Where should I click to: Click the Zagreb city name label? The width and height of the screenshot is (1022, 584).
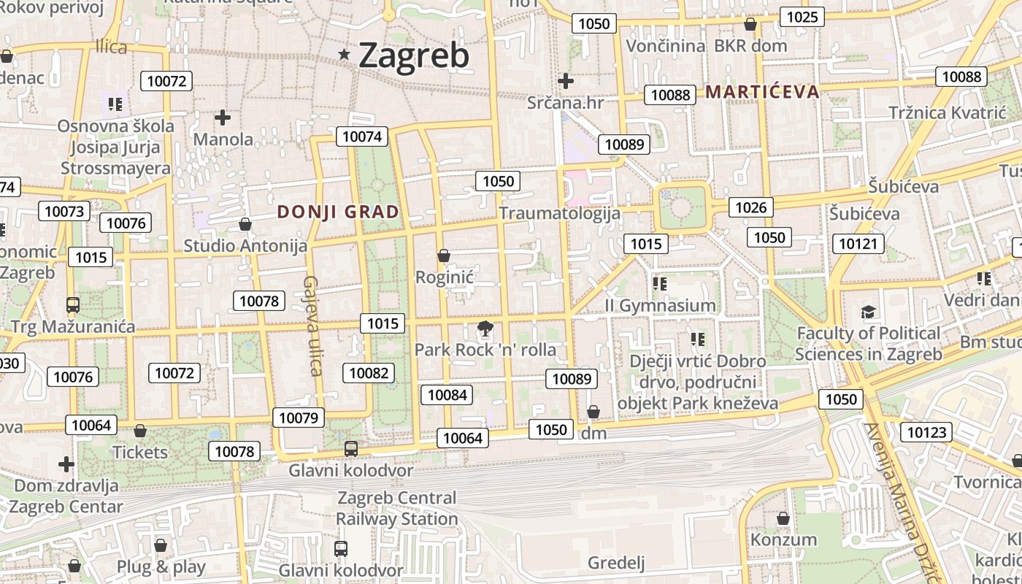pyautogui.click(x=413, y=55)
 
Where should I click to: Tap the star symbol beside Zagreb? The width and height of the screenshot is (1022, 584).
pyautogui.click(x=345, y=54)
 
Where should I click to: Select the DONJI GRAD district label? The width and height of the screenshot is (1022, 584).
pyautogui.click(x=339, y=212)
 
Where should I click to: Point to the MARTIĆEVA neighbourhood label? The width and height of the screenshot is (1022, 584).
pyautogui.click(x=763, y=92)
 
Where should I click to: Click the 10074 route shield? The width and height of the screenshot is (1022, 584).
pyautogui.click(x=362, y=137)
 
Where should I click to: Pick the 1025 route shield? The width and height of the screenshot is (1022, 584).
pyautogui.click(x=802, y=17)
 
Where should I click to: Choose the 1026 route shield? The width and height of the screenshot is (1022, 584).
pyautogui.click(x=750, y=207)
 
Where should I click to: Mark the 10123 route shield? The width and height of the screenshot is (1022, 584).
pyautogui.click(x=927, y=432)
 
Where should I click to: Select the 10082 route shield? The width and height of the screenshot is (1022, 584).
pyautogui.click(x=369, y=373)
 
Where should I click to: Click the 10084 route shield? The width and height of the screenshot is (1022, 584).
pyautogui.click(x=447, y=395)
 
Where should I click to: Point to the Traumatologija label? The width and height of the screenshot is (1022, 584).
pyautogui.click(x=559, y=213)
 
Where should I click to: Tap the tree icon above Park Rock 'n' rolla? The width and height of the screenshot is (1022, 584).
pyautogui.click(x=485, y=330)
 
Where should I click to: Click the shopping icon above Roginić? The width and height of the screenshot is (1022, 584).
pyautogui.click(x=443, y=255)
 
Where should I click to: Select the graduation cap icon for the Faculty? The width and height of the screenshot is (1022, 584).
pyautogui.click(x=868, y=312)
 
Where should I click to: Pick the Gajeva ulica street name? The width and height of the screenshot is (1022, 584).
pyautogui.click(x=313, y=326)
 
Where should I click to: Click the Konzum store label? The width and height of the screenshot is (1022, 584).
pyautogui.click(x=784, y=540)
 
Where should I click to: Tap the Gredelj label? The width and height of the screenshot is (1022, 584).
pyautogui.click(x=617, y=563)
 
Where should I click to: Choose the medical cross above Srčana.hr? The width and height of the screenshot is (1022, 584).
pyautogui.click(x=565, y=81)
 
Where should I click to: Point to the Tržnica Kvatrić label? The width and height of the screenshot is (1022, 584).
pyautogui.click(x=948, y=112)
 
